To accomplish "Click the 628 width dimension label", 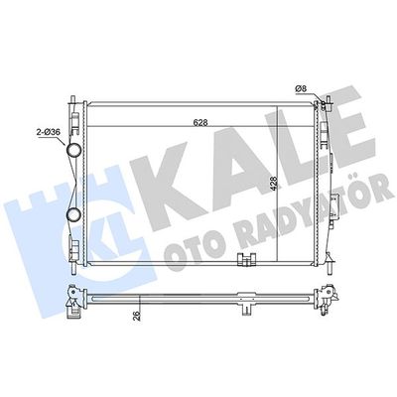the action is [x=200, y=122].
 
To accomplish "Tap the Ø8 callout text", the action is [x=301, y=88].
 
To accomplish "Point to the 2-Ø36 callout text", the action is [x=49, y=132].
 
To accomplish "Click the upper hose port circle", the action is [x=73, y=151].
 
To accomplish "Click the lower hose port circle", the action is [x=73, y=214].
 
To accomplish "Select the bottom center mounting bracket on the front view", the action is [x=247, y=259].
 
